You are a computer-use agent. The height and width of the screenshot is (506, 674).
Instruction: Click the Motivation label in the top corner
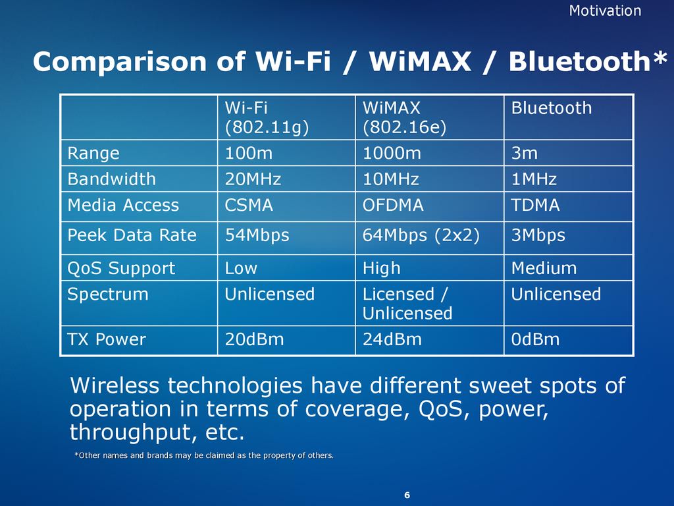click(x=605, y=11)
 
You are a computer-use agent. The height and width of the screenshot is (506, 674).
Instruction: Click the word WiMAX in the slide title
click(x=420, y=61)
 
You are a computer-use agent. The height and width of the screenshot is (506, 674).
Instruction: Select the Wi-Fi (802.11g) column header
click(x=267, y=117)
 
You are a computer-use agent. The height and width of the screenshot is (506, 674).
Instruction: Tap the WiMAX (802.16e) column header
click(x=405, y=117)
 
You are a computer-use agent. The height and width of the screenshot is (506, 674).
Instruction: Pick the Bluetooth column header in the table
click(x=552, y=108)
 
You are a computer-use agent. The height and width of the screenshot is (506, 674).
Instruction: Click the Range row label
click(x=93, y=153)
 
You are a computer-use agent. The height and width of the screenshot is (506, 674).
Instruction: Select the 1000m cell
click(x=392, y=153)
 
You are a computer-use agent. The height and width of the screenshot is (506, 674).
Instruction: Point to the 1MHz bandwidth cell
click(x=534, y=179)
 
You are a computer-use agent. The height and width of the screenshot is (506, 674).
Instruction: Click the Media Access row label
click(x=123, y=205)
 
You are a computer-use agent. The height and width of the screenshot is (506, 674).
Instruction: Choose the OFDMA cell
click(x=393, y=205)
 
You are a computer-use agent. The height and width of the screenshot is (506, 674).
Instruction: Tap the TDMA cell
click(x=536, y=205)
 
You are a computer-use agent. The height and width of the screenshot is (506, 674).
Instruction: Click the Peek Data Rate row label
click(x=132, y=235)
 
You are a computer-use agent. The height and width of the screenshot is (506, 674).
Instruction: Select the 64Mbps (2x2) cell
click(x=421, y=235)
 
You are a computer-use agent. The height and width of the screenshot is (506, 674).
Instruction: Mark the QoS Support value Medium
click(x=544, y=268)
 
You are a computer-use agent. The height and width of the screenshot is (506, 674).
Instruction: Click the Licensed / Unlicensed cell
click(x=407, y=304)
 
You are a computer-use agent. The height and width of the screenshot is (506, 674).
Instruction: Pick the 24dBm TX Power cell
click(x=392, y=339)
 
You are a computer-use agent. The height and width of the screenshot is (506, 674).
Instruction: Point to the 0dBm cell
click(x=535, y=339)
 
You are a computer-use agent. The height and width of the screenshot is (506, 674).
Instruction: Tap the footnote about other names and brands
click(x=204, y=455)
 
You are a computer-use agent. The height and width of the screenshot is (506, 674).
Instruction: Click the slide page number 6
click(x=407, y=495)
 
